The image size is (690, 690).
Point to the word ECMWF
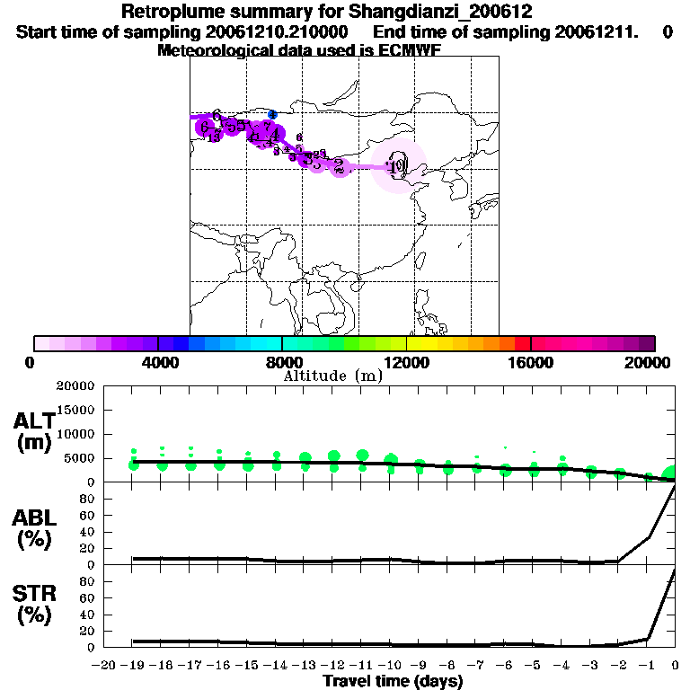point(412,50)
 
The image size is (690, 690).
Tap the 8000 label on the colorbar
point(282,361)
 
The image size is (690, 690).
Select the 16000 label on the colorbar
point(531,361)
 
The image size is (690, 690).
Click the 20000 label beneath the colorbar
point(648,361)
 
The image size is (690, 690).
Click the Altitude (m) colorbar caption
point(332,376)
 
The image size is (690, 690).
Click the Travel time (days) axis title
point(393,682)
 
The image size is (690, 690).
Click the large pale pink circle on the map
point(399,165)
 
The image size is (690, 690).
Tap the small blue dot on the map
point(273,114)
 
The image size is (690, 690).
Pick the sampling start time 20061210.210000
point(278,32)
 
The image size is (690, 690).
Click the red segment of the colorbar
point(522,343)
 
